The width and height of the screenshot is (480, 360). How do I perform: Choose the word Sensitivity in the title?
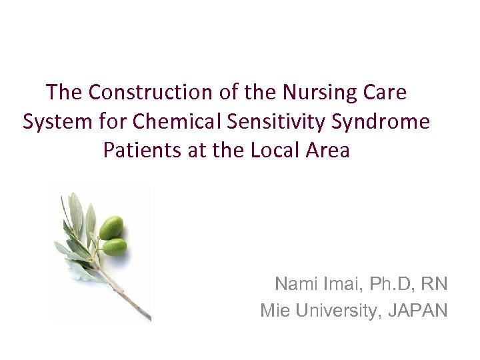[x=279, y=122]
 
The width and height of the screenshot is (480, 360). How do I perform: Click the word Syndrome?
[x=385, y=122]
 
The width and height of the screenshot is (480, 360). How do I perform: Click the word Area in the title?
[x=329, y=150]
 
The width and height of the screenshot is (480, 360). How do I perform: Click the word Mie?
[x=273, y=310]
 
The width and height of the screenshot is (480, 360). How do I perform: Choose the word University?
[x=333, y=310]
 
